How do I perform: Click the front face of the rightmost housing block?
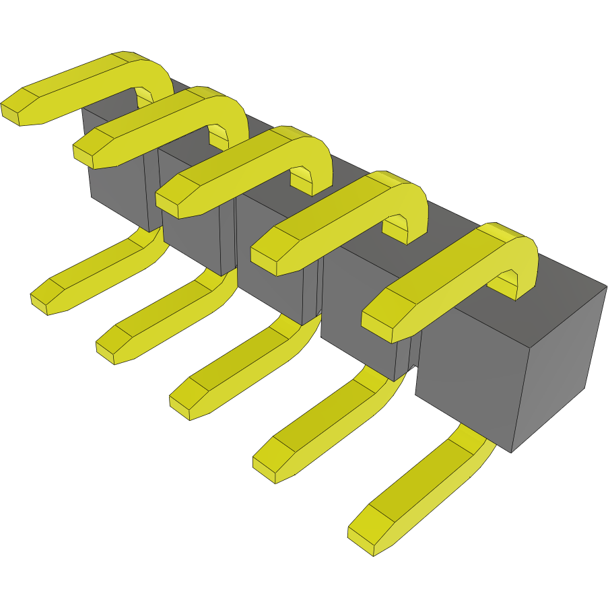[465, 384]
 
